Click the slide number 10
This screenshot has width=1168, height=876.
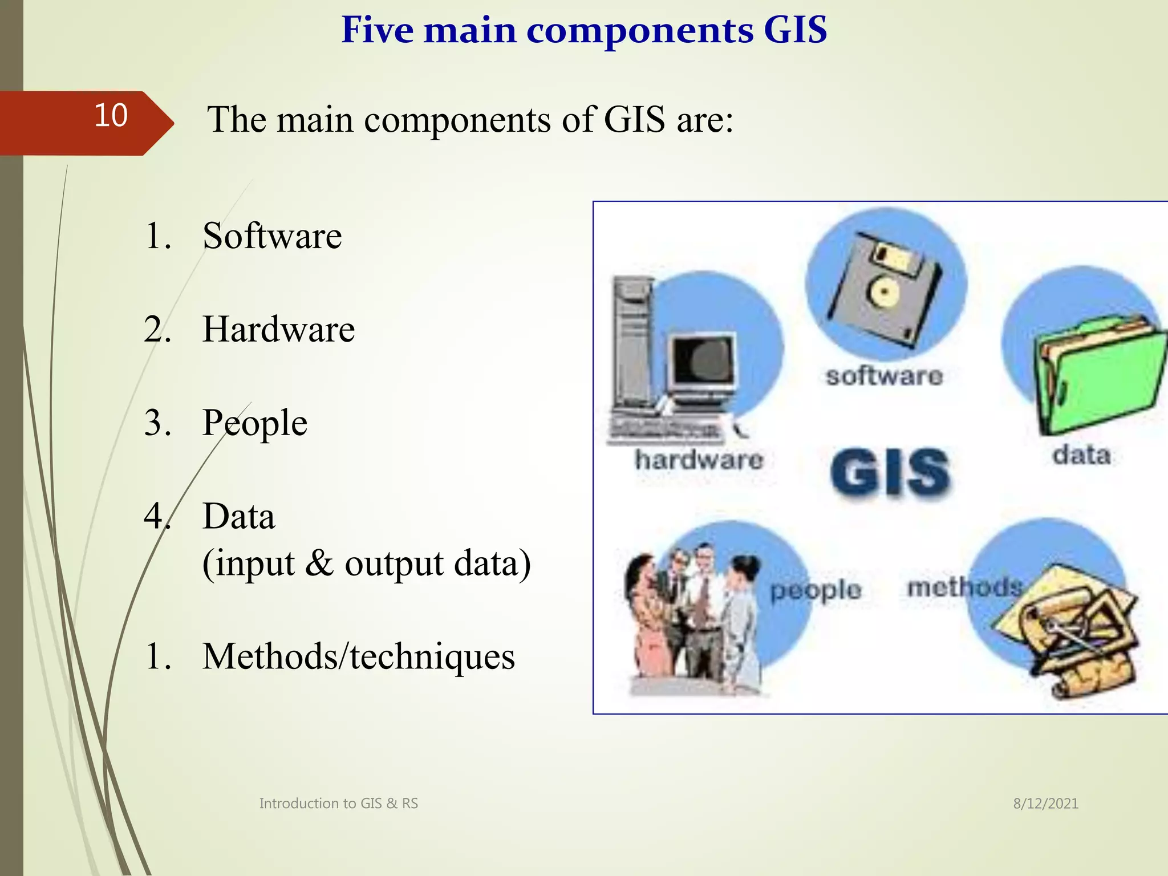click(x=111, y=116)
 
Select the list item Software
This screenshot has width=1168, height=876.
click(x=272, y=236)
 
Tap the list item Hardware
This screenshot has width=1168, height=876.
click(x=278, y=329)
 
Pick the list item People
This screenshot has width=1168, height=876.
click(x=255, y=423)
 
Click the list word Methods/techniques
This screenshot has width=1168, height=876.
click(x=358, y=656)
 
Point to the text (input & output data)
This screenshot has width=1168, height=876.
click(x=366, y=563)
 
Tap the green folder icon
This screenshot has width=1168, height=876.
click(x=1098, y=376)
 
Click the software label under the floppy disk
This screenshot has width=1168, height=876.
click(x=884, y=376)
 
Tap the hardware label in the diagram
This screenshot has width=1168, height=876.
click(x=699, y=460)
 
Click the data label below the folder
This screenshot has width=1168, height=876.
click(x=1081, y=455)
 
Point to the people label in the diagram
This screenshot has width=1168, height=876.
click(x=816, y=590)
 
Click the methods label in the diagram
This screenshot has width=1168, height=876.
click(x=964, y=587)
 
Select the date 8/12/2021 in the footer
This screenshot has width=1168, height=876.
click(x=1045, y=804)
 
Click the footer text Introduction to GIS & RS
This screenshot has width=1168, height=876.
click(x=338, y=804)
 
